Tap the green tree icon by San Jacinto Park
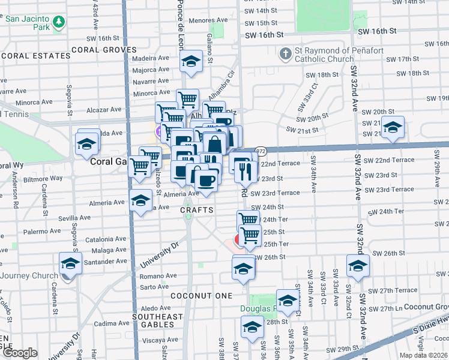[x=59, y=22]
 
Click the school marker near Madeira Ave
[x=191, y=62]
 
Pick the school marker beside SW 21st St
[x=393, y=128]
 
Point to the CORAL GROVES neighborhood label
[x=100, y=49]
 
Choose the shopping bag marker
[x=214, y=145]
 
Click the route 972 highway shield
[x=261, y=151]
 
